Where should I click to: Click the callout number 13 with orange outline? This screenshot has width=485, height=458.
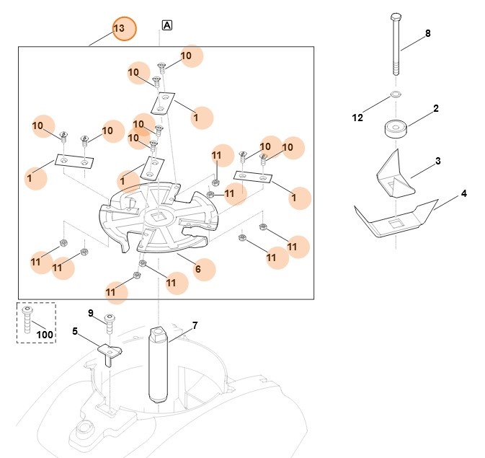(119, 28)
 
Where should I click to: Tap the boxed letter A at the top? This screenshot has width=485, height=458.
(167, 25)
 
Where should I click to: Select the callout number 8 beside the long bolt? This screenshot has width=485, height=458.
(427, 34)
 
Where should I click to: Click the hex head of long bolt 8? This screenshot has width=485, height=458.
(395, 17)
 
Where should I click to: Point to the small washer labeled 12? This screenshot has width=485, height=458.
(396, 94)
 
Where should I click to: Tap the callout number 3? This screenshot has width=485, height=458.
(437, 160)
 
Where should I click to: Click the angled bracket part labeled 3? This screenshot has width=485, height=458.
(395, 175)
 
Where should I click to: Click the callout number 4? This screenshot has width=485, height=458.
(463, 194)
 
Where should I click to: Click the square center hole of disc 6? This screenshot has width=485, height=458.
(159, 215)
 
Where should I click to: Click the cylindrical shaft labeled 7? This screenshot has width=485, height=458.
(159, 364)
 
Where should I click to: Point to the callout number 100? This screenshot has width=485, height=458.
(45, 334)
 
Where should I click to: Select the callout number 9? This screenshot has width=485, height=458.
(92, 313)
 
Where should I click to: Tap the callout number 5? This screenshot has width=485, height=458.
(75, 331)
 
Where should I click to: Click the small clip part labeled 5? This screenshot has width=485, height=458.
(109, 353)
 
